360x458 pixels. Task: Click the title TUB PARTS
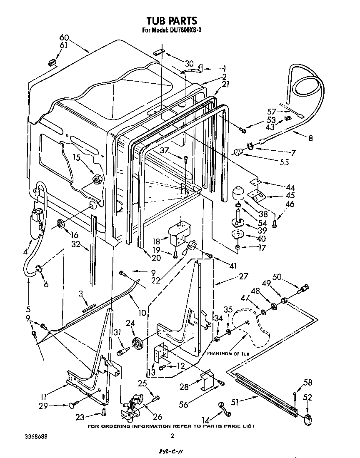click(172, 20)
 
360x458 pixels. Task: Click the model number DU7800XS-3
click(186, 30)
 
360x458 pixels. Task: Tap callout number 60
click(64, 38)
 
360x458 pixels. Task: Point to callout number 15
click(76, 157)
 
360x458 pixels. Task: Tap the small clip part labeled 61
click(52, 62)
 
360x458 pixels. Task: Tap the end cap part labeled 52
click(308, 420)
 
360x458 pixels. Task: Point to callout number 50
click(277, 276)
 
